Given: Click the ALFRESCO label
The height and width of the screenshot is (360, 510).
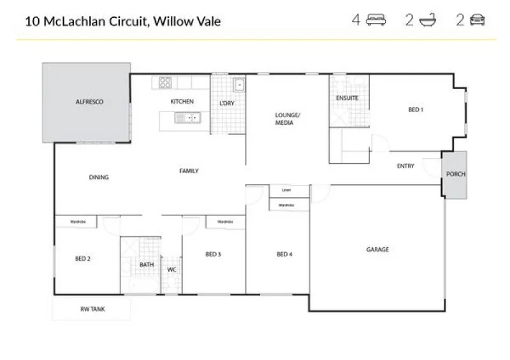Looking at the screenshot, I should [89, 102].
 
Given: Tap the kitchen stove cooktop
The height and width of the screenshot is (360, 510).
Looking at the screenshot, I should [165, 82].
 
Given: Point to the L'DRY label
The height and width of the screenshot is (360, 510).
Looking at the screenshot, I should [227, 103].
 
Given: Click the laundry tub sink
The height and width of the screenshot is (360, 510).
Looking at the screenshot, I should [239, 84].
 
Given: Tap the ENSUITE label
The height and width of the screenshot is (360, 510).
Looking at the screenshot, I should [347, 98].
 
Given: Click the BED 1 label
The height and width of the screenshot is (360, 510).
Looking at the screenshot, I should [416, 110].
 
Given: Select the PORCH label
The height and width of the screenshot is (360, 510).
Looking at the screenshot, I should [455, 174].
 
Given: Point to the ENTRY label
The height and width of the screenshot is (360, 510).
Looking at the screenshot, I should [405, 166].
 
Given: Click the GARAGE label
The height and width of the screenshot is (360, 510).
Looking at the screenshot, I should [377, 250].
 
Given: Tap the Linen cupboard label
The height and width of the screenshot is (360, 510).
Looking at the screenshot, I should [286, 191].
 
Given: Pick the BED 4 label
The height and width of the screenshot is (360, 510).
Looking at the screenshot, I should [284, 255].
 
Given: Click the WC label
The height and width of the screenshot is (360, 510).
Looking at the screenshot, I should [171, 270].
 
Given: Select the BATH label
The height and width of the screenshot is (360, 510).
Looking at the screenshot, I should [147, 264].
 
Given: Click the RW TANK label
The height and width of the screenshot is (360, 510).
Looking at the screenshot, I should [92, 309].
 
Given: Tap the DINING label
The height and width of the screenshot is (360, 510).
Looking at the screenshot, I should [99, 178].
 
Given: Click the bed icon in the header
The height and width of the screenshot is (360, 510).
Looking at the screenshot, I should [377, 20].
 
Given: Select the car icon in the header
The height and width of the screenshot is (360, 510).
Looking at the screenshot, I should [477, 20].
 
